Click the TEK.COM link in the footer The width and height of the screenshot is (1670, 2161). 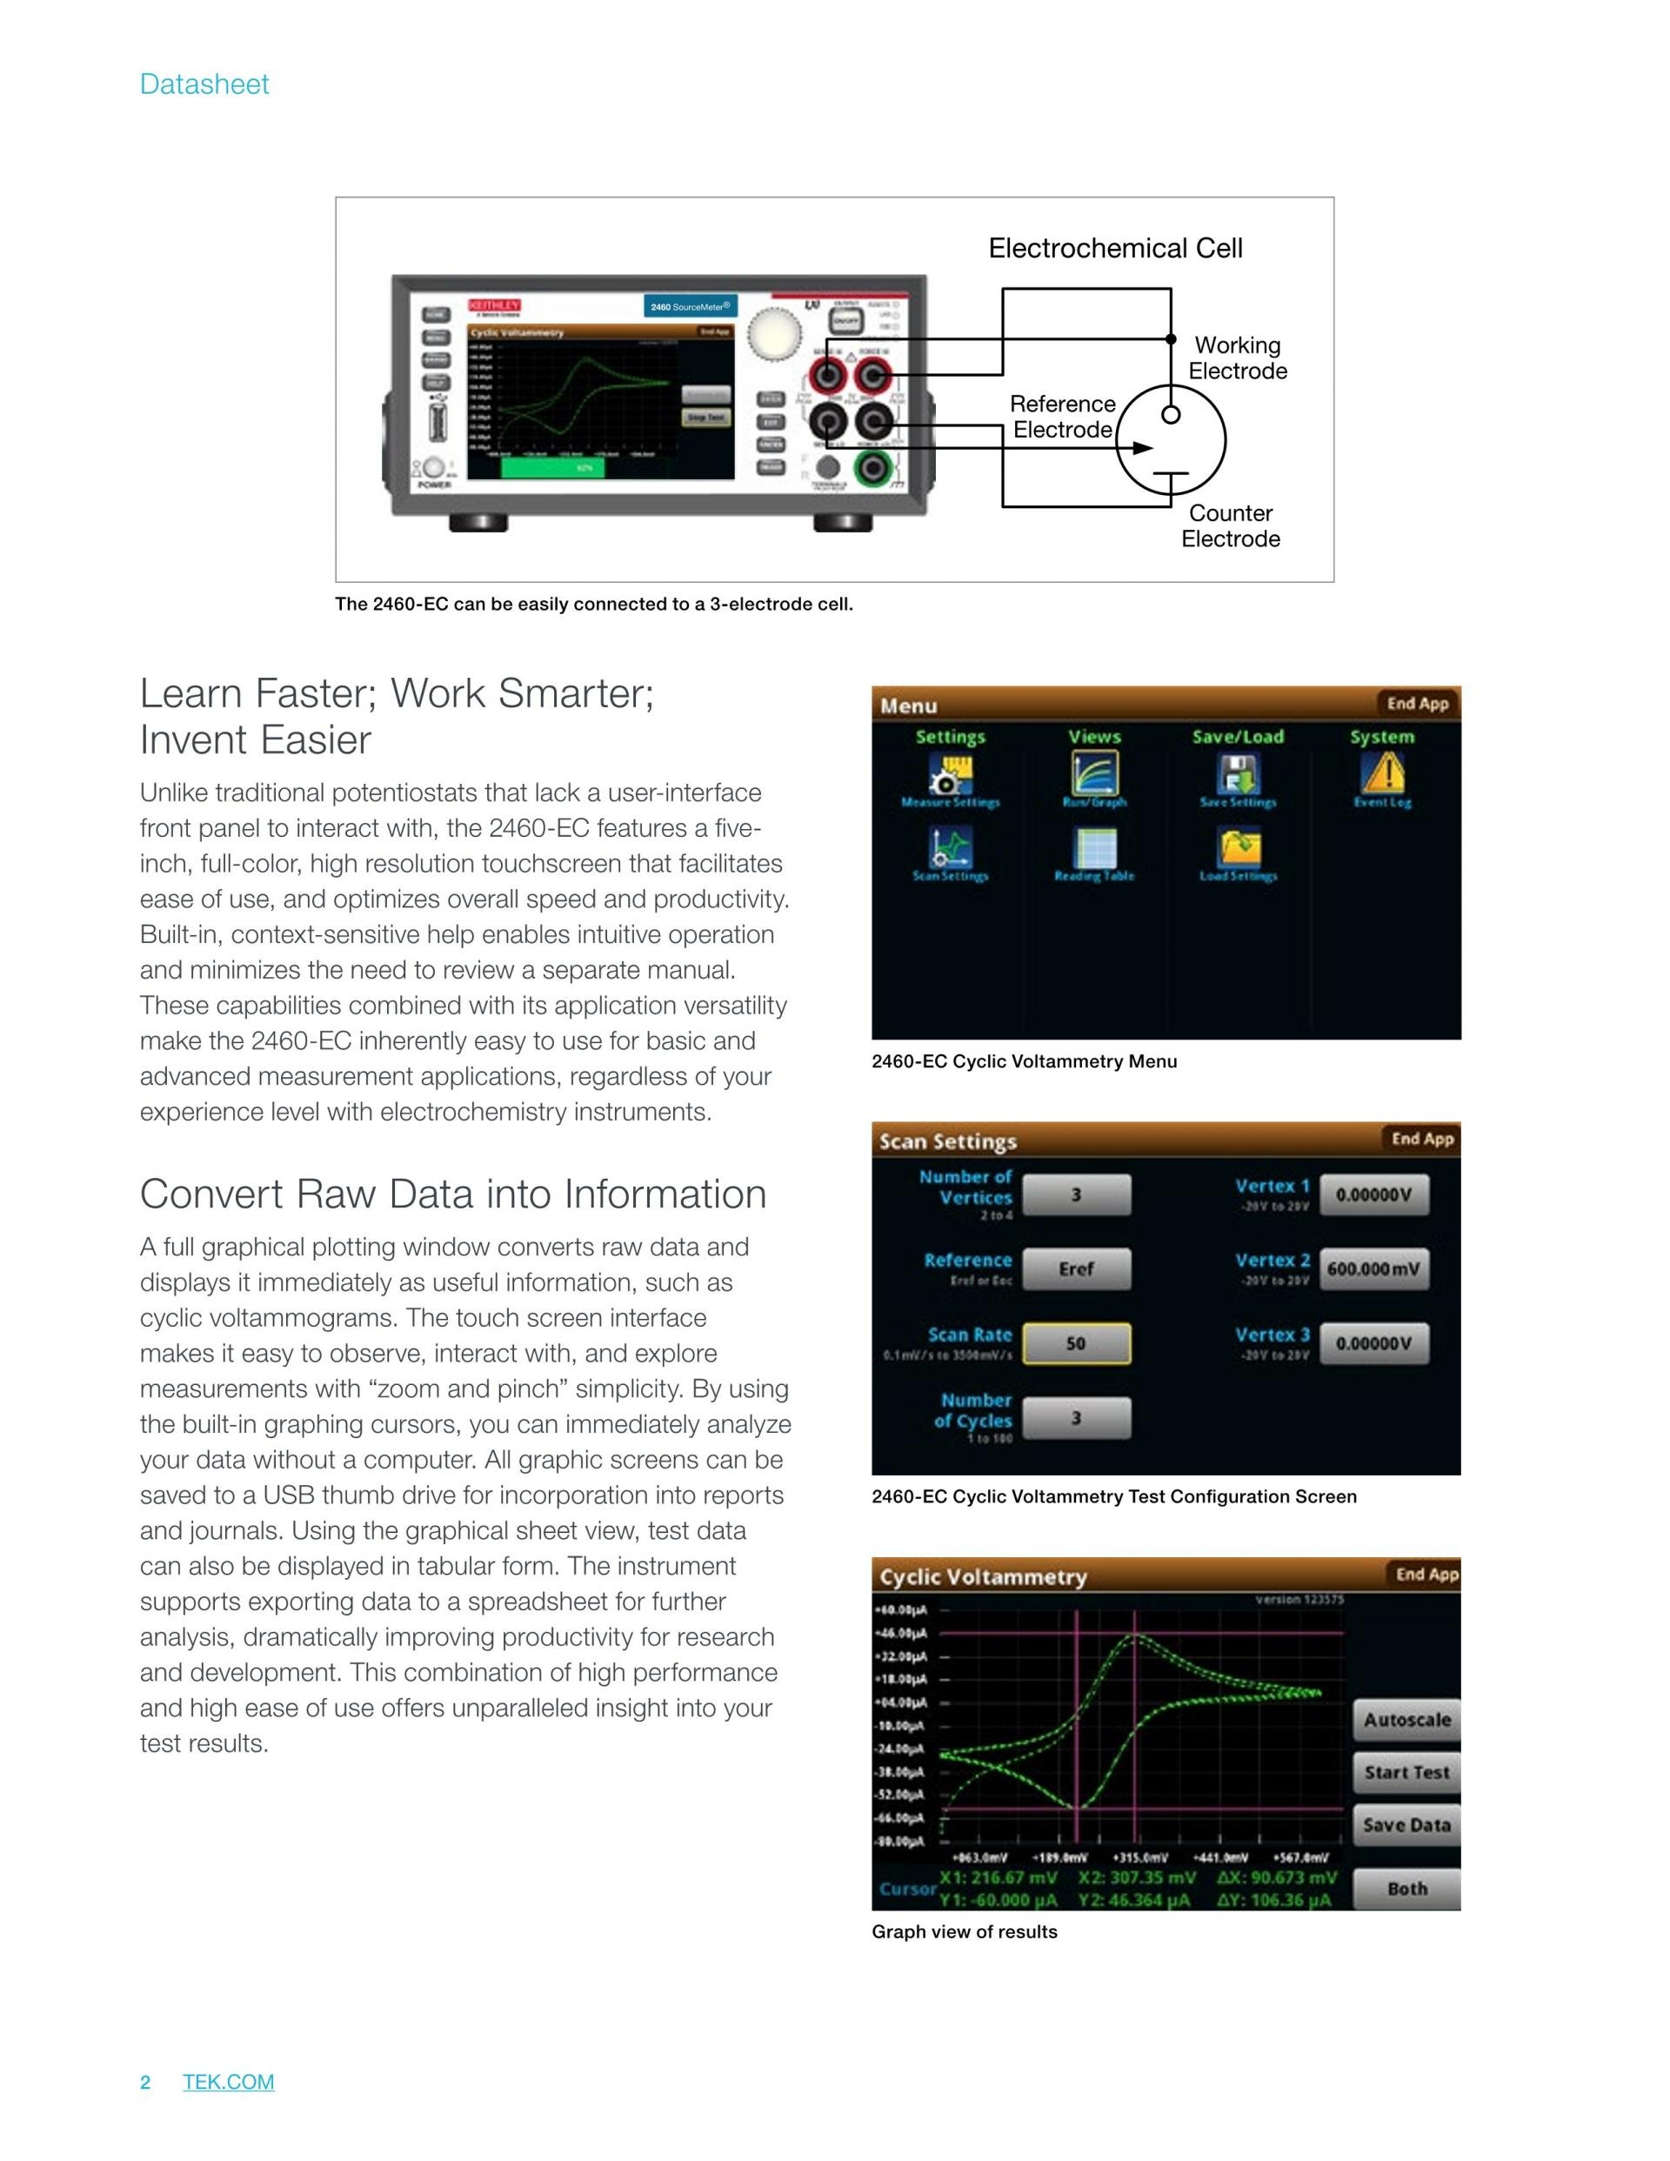(229, 2082)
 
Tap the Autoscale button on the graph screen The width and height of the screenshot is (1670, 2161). (1406, 1720)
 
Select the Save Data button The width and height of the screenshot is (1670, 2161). (1406, 1824)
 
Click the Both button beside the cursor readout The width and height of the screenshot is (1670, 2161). (1406, 1888)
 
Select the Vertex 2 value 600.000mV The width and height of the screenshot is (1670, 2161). (1374, 1268)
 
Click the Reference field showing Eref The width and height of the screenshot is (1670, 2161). (1075, 1268)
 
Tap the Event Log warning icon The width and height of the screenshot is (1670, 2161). (1383, 773)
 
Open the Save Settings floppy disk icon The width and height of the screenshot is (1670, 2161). (1238, 773)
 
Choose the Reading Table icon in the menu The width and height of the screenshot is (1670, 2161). (1094, 848)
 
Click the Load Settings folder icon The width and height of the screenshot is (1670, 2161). (1239, 848)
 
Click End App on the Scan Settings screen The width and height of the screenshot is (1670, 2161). (1422, 1139)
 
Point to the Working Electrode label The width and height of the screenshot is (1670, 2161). (1238, 358)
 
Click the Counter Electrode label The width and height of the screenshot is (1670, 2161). (1231, 525)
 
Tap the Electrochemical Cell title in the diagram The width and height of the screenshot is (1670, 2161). (1115, 248)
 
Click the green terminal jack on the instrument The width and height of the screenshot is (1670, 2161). (871, 467)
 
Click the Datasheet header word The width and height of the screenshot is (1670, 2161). (204, 84)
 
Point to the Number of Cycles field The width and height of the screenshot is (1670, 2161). (1075, 1418)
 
